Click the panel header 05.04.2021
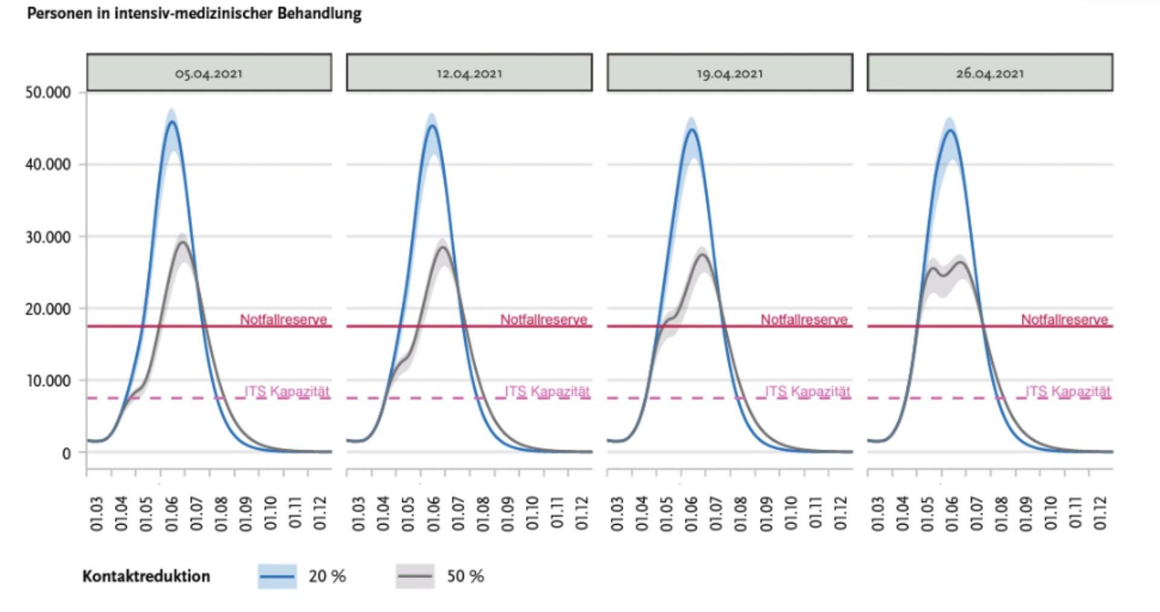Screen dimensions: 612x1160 [x=209, y=73]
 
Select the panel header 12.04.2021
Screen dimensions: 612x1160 [x=469, y=73]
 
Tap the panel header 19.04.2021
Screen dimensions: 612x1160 [x=730, y=73]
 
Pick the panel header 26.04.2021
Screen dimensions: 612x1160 [x=990, y=73]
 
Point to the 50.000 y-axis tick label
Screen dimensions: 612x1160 [x=48, y=92]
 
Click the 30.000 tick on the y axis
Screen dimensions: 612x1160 [x=48, y=237]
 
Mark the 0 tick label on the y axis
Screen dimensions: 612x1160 [x=66, y=453]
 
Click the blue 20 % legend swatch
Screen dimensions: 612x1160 [x=277, y=576]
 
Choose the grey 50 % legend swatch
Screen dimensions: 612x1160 [x=414, y=576]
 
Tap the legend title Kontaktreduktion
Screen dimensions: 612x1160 [x=146, y=576]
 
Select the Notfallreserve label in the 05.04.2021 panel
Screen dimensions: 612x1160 [x=283, y=319]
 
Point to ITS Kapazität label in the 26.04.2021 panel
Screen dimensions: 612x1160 [x=1068, y=391]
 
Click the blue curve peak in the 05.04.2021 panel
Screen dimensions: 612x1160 [x=172, y=122]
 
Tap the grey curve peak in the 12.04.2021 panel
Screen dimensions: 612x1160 [x=443, y=247]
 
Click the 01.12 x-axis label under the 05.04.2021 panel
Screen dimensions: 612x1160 [x=320, y=514]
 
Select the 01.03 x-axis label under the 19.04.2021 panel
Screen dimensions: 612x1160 [x=617, y=514]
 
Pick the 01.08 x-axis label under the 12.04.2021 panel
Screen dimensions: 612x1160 [x=483, y=514]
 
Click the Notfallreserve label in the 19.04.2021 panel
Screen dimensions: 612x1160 [x=804, y=319]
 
